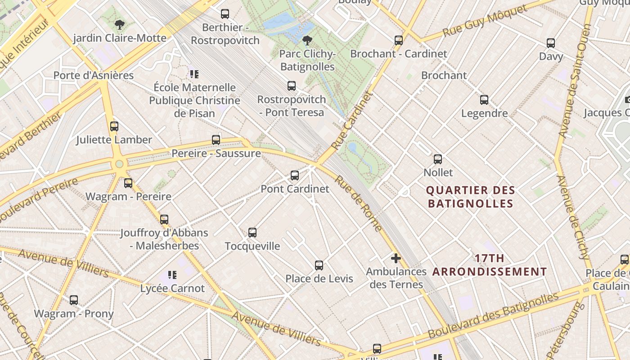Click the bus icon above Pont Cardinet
295,175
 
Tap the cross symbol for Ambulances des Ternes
396,258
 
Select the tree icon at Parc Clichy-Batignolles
307,40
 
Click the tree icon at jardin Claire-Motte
119,24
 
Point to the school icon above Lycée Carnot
172,274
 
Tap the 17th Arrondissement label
490,265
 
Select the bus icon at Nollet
438,159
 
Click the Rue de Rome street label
359,203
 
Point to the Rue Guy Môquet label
484,21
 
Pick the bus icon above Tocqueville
252,233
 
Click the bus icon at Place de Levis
319,265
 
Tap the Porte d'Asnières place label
94,75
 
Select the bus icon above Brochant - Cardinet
399,40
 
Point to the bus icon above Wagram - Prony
74,300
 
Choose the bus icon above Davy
551,43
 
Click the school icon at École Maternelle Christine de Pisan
194,74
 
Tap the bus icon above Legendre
484,100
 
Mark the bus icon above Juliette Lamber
114,126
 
